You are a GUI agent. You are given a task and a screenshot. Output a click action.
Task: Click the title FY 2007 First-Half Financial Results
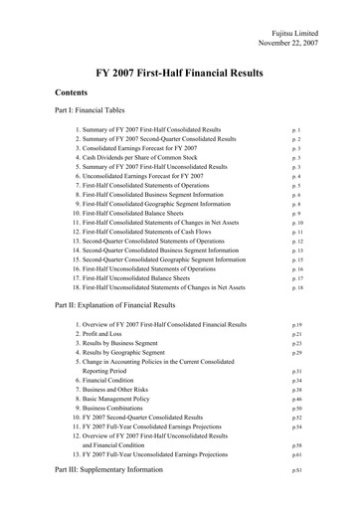[180, 74]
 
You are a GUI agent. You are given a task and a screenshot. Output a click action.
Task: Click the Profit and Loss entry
[107, 334]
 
